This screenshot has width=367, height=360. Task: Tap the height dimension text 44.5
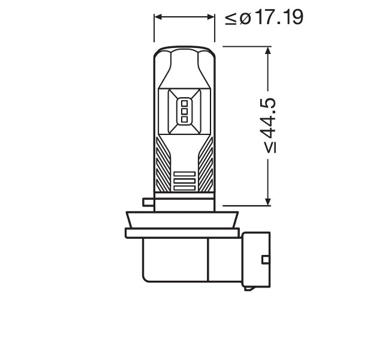[271, 125]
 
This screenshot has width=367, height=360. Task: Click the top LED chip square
[185, 102]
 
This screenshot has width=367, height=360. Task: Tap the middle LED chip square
[185, 111]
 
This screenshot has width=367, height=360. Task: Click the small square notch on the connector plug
[264, 259]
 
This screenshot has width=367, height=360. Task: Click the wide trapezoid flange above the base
[184, 220]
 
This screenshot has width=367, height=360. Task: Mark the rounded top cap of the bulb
[185, 53]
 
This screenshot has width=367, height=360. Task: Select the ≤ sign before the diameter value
[231, 18]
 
